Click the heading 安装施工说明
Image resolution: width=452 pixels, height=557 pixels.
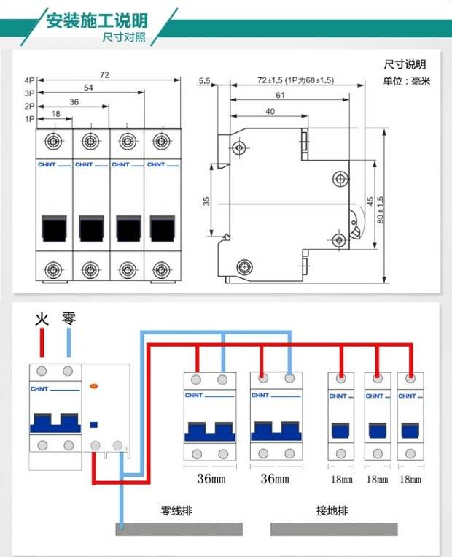click(96, 20)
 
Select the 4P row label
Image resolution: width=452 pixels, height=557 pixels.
click(29, 80)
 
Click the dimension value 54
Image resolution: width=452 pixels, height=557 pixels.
click(87, 88)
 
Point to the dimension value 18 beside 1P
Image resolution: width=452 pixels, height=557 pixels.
click(56, 114)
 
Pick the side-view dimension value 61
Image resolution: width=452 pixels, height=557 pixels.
click(280, 96)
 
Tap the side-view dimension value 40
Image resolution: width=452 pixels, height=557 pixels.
click(270, 112)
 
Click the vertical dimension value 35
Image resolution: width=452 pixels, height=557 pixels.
click(206, 200)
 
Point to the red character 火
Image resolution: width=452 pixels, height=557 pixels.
click(42, 319)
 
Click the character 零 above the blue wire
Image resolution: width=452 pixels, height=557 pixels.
click(69, 319)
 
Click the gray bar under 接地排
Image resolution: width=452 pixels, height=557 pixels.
click(334, 529)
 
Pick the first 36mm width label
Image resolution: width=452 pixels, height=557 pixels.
click(211, 480)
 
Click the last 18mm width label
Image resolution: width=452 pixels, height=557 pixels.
click(411, 480)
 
